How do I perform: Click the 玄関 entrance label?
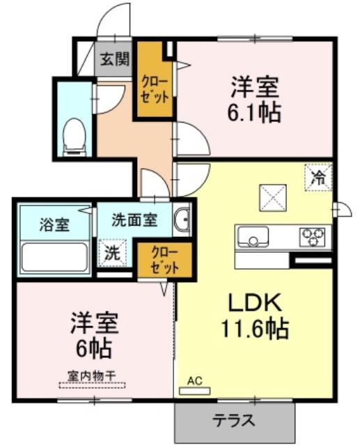(x=115, y=59)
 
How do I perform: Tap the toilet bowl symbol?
(x=75, y=137)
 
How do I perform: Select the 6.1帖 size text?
(x=253, y=113)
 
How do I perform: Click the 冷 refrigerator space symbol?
(x=318, y=177)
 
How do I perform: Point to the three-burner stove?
(x=313, y=237)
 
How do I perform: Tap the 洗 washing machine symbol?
(x=113, y=252)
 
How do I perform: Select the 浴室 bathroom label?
(x=54, y=224)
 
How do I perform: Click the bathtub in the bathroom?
(x=54, y=256)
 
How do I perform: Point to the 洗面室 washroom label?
(x=134, y=220)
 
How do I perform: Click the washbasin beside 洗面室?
(x=182, y=220)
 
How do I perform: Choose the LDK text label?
(x=255, y=302)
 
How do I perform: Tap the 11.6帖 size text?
(x=255, y=329)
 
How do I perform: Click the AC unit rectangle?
(x=195, y=391)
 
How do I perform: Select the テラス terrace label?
(x=234, y=420)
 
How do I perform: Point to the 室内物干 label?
(x=91, y=376)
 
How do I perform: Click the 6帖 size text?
(x=93, y=348)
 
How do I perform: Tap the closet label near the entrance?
(x=155, y=90)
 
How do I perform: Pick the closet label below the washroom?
(x=165, y=260)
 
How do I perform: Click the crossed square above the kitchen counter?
(x=272, y=198)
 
